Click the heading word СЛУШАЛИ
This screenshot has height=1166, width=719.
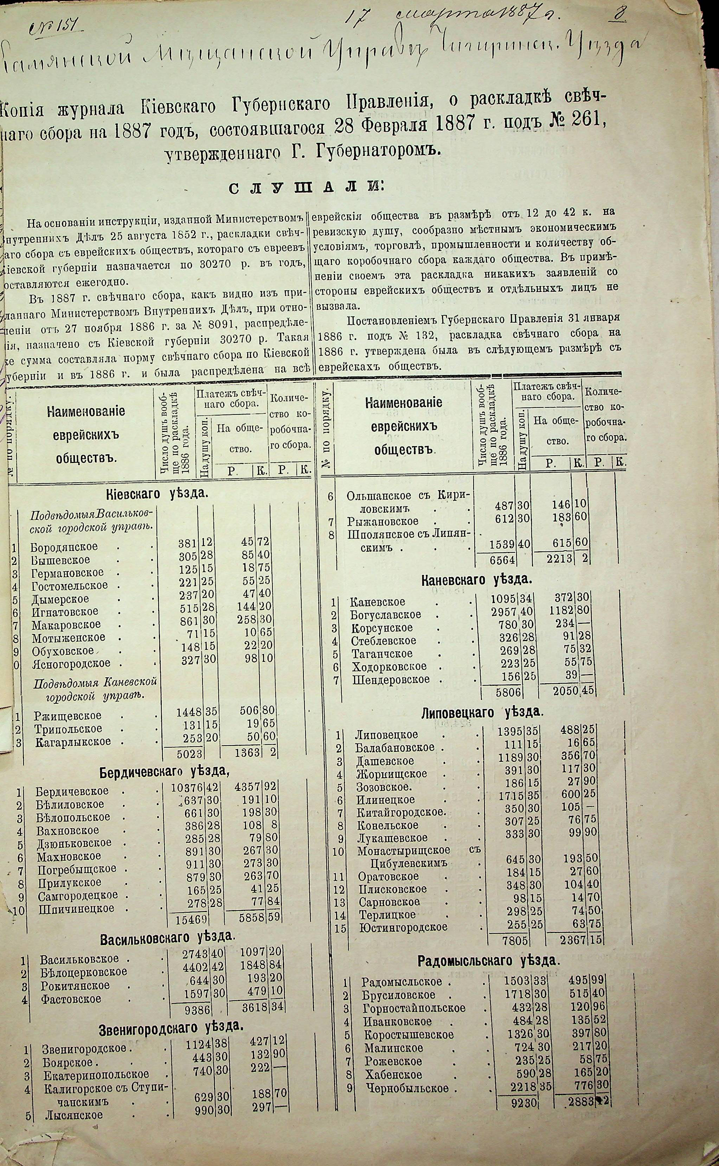pyautogui.click(x=304, y=188)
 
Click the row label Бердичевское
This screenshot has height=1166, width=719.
pyautogui.click(x=71, y=791)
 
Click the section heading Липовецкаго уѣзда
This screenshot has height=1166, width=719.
pyautogui.click(x=482, y=712)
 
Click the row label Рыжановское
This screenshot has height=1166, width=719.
pyautogui.click(x=382, y=522)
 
